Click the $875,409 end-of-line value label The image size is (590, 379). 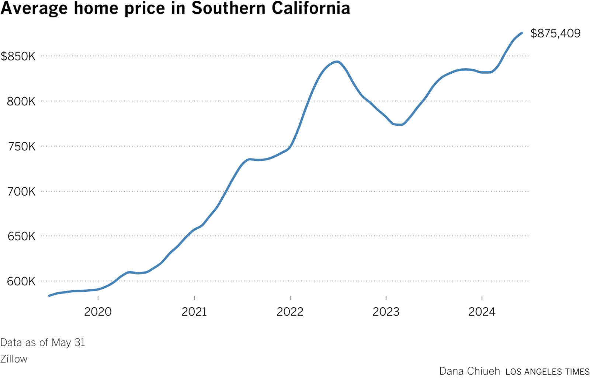pyautogui.click(x=555, y=34)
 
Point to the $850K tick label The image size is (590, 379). pyautogui.click(x=18, y=56)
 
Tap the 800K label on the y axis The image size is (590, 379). pyautogui.click(x=21, y=101)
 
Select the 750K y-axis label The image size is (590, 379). pyautogui.click(x=21, y=146)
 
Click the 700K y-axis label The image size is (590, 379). pyautogui.click(x=21, y=191)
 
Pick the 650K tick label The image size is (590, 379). pyautogui.click(x=21, y=236)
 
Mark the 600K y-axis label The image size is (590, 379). pyautogui.click(x=21, y=281)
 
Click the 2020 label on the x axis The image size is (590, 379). pyautogui.click(x=98, y=312)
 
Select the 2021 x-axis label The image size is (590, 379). pyautogui.click(x=194, y=312)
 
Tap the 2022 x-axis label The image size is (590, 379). pyautogui.click(x=290, y=312)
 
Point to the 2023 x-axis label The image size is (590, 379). pyautogui.click(x=386, y=312)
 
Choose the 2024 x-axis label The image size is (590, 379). pyautogui.click(x=482, y=312)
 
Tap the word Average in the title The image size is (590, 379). pyautogui.click(x=34, y=8)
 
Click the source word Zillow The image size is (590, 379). pyautogui.click(x=14, y=359)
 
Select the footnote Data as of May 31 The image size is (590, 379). pyautogui.click(x=42, y=343)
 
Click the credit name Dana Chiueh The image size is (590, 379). pyautogui.click(x=469, y=371)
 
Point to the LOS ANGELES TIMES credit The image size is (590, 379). pyautogui.click(x=548, y=372)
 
